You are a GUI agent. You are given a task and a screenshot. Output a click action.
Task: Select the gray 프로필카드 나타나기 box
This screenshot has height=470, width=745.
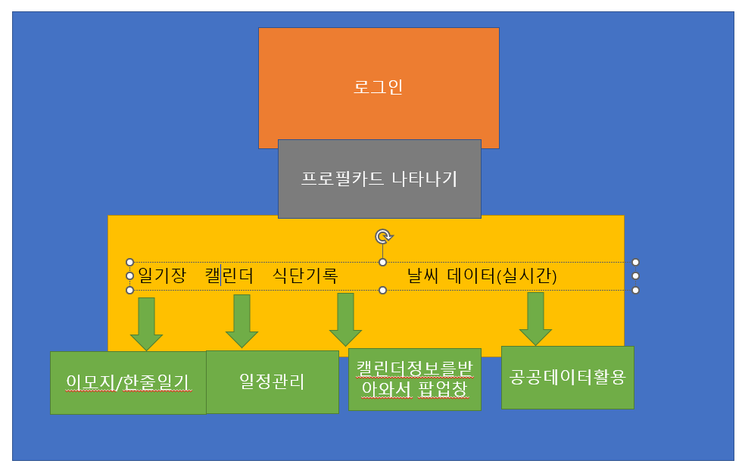click(379, 179)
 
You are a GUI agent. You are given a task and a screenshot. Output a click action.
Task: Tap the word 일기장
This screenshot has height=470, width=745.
click(162, 275)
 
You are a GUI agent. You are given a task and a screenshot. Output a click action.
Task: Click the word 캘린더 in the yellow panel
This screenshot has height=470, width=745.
click(229, 275)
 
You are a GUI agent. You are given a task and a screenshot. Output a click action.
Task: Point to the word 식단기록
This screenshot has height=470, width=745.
click(304, 275)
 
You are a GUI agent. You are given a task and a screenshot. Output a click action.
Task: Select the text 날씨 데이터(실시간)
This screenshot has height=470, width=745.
click(482, 275)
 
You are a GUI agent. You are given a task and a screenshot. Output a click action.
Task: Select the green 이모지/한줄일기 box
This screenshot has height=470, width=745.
click(128, 382)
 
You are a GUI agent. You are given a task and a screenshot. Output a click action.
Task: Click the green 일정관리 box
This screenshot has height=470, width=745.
click(272, 381)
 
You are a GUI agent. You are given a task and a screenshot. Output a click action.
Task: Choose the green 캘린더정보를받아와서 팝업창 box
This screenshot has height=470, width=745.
click(414, 378)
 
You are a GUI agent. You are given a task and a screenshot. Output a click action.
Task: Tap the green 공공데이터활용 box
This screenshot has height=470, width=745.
click(567, 377)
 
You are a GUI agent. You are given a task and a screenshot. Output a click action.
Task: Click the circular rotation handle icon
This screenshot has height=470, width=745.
click(383, 237)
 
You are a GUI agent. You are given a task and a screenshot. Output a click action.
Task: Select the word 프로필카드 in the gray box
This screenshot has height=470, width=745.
click(343, 179)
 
